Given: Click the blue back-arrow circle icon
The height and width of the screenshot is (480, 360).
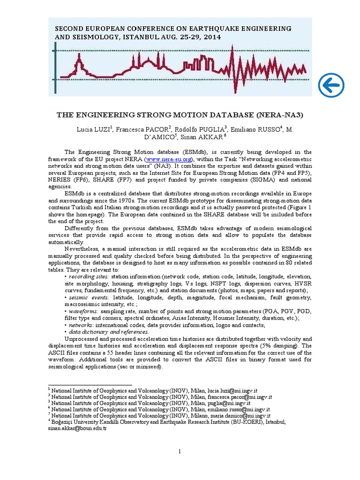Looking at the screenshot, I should [x=331, y=86].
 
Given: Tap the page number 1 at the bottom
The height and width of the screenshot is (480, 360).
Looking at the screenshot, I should [x=180, y=451].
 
